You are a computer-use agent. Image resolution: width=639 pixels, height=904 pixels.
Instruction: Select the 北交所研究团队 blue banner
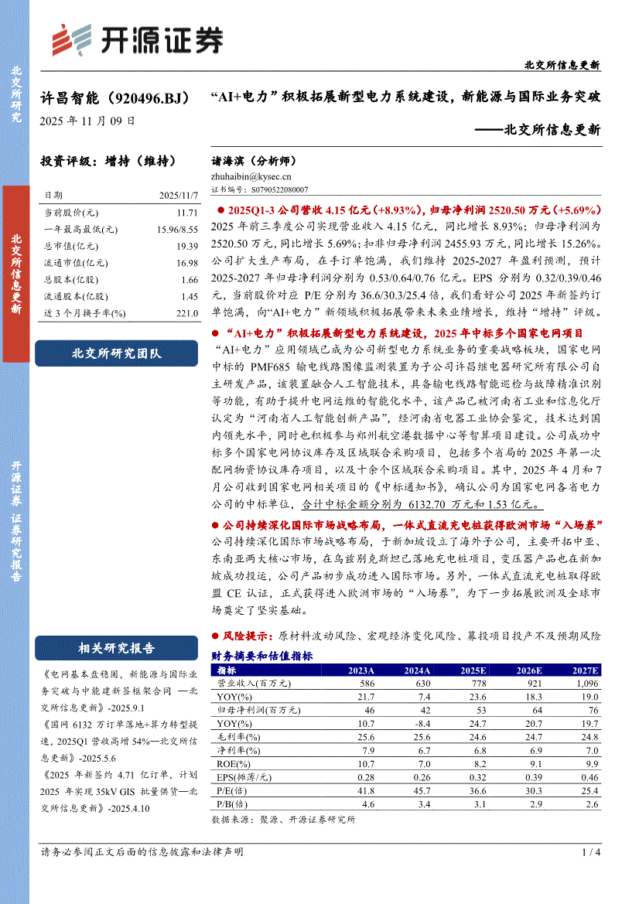tap(117, 353)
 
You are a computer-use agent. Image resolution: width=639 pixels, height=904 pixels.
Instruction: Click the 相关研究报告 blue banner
tap(117, 648)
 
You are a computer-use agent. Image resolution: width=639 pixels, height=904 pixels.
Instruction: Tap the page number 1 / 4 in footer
tap(590, 852)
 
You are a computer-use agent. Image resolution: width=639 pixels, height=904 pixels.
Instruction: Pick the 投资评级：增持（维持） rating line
tap(108, 162)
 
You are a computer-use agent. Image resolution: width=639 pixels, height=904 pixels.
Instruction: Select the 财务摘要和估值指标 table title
tap(261, 656)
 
